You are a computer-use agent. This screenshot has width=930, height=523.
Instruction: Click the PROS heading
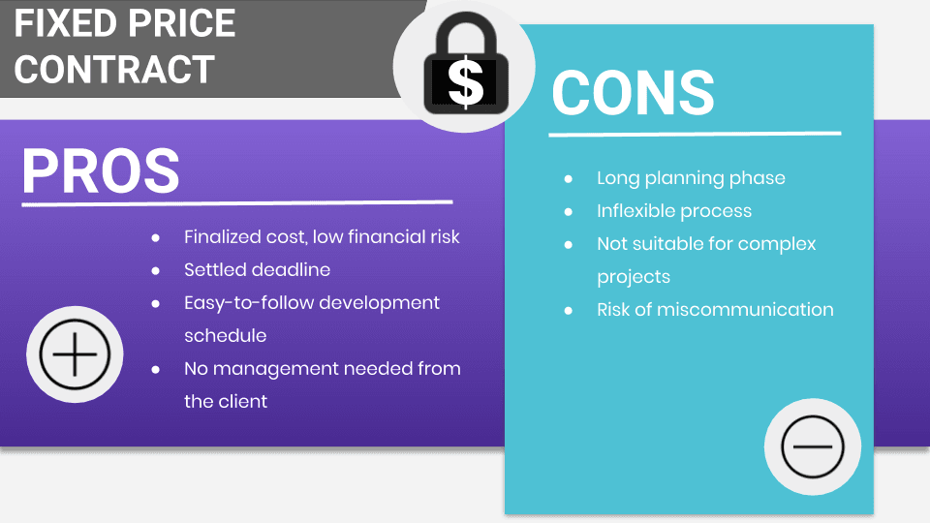click(x=101, y=171)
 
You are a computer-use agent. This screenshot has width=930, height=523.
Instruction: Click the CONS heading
click(x=633, y=93)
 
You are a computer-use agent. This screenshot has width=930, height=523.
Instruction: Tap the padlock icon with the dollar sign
click(x=465, y=66)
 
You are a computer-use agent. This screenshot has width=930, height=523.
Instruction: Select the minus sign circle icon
click(x=813, y=446)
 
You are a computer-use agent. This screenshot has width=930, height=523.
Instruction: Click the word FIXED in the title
click(x=64, y=23)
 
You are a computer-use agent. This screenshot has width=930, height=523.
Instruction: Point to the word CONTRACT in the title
click(x=114, y=70)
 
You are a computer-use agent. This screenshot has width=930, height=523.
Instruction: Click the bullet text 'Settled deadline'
click(x=257, y=269)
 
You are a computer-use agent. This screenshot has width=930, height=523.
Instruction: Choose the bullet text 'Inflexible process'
click(x=673, y=211)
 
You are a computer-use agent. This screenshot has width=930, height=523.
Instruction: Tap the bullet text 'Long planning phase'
click(x=691, y=178)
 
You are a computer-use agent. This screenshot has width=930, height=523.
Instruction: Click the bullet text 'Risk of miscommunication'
click(x=715, y=310)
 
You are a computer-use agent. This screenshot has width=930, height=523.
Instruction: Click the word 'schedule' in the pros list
click(x=225, y=335)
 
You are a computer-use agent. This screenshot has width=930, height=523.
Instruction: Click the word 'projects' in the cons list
click(x=633, y=277)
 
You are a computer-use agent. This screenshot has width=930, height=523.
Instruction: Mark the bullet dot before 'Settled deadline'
click(x=156, y=270)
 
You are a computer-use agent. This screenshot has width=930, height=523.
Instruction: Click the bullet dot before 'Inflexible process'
click(x=569, y=212)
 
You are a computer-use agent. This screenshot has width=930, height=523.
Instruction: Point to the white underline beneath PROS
click(x=236, y=203)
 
